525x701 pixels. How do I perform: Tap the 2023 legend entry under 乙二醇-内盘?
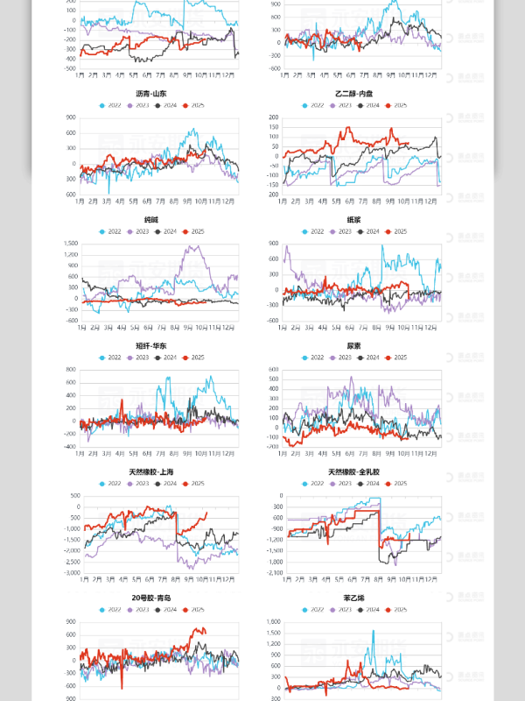coord(341,105)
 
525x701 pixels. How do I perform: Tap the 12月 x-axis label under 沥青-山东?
coord(229,202)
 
